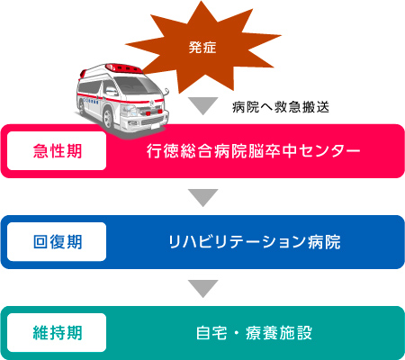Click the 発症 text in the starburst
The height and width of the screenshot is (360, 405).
pyautogui.click(x=202, y=48)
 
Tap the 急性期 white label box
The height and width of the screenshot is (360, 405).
pyautogui.click(x=57, y=151)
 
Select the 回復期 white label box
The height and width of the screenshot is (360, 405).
pyautogui.click(x=57, y=242)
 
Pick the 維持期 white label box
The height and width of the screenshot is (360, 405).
pyautogui.click(x=57, y=333)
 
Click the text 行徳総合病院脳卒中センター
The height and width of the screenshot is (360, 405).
pyautogui.click(x=254, y=151)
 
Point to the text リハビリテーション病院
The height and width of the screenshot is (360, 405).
pyautogui.click(x=255, y=242)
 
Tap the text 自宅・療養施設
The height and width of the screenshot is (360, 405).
pyautogui.click(x=254, y=333)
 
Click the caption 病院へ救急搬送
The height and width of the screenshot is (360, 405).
pyautogui.click(x=281, y=107)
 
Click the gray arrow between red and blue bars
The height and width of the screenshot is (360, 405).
pyautogui.click(x=203, y=197)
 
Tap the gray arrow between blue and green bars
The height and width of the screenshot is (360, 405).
pyautogui.click(x=203, y=289)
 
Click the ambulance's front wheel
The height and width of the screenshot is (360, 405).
pyautogui.click(x=108, y=119)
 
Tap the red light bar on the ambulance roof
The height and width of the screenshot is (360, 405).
pyautogui.click(x=124, y=68)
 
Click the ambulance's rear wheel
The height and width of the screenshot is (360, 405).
pyautogui.click(x=81, y=107)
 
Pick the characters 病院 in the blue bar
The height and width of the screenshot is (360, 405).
pyautogui.click(x=324, y=242)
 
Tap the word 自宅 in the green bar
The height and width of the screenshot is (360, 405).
pyautogui.click(x=211, y=333)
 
